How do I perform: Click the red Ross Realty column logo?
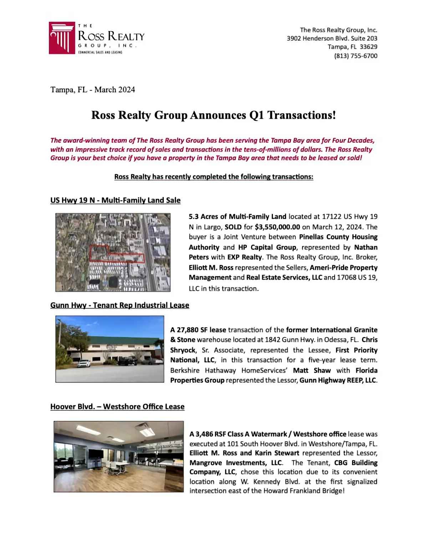click(x=62, y=38)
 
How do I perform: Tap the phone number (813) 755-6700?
click(x=356, y=56)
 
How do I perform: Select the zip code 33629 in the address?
click(x=368, y=47)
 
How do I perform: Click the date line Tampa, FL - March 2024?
click(x=93, y=90)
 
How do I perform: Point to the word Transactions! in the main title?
click(x=301, y=115)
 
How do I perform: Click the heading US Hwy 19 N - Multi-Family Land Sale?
click(x=115, y=200)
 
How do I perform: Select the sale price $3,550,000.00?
click(x=277, y=227)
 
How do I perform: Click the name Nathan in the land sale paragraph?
click(x=366, y=247)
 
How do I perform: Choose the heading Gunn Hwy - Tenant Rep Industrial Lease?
click(x=119, y=305)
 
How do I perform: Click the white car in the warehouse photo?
click(x=84, y=363)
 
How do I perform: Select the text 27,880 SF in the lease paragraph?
click(x=193, y=330)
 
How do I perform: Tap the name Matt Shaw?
click(x=312, y=370)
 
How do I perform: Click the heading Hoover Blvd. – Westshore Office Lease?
click(x=117, y=407)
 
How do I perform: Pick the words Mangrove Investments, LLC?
click(x=236, y=463)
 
